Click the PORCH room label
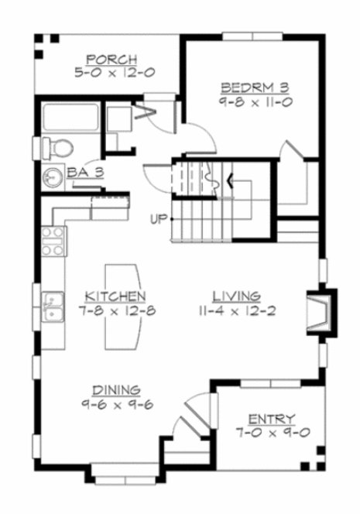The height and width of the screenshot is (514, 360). tap(112, 59)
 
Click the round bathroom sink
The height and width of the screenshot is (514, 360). tap(53, 176)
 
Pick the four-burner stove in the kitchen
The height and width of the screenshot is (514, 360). tap(52, 241)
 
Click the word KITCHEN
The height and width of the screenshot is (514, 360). tap(115, 296)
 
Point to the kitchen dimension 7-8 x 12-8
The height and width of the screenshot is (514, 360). tap(115, 310)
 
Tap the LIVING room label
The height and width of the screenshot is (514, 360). tap(237, 296)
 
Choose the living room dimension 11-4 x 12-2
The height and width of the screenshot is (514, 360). tap(237, 310)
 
